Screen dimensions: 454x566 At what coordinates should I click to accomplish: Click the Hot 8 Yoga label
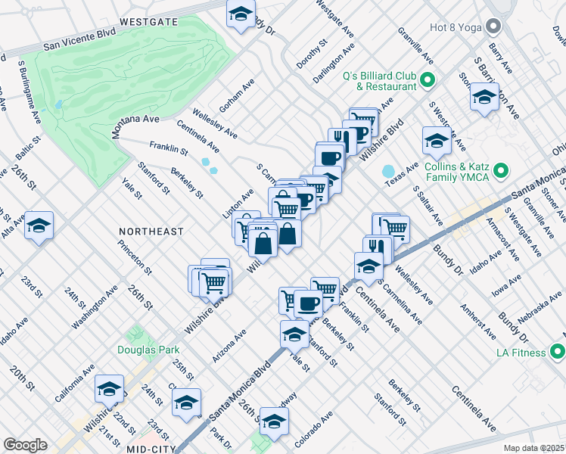[450, 28]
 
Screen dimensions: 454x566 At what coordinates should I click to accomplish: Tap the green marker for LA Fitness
[558, 353]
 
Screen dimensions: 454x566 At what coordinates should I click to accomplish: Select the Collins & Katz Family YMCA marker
[500, 173]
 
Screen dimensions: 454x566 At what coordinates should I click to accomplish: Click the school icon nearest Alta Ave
[39, 225]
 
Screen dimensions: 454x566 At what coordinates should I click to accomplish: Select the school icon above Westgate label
[241, 13]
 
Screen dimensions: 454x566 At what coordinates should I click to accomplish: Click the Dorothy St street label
[312, 54]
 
